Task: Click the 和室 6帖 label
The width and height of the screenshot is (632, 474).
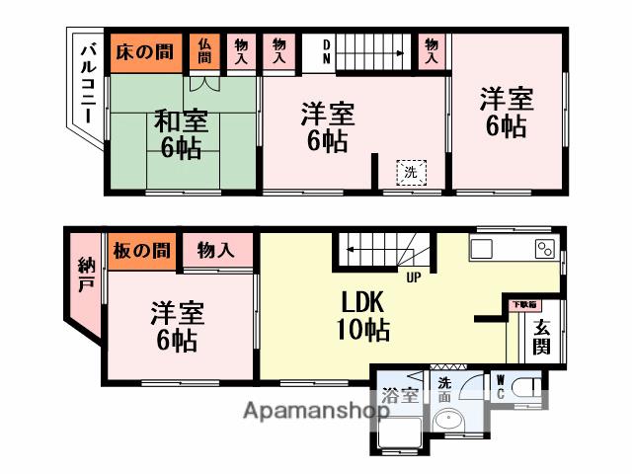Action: [x=181, y=135]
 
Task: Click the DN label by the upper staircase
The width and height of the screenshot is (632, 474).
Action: [x=328, y=51]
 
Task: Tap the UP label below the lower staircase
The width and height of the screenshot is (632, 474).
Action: [x=413, y=276]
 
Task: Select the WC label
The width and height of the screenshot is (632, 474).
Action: [x=501, y=387]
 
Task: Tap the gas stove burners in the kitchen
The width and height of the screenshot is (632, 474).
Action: [x=544, y=248]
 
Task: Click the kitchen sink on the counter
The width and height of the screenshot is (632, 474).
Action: [x=489, y=247]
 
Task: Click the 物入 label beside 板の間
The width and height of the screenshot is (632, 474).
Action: [x=215, y=251]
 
